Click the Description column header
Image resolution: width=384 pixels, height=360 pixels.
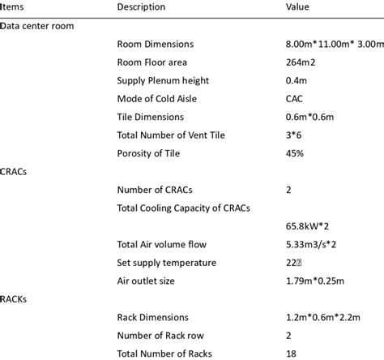[141, 7]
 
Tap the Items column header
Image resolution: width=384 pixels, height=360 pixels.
[14, 7]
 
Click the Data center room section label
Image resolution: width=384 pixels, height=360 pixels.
[37, 26]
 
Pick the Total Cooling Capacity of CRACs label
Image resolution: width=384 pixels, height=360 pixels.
[184, 208]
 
